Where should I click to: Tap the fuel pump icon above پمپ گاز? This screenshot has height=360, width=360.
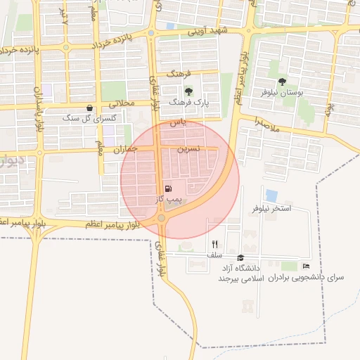pyautogui.click(x=167, y=188)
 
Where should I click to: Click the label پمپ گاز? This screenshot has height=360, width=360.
pyautogui.click(x=169, y=200)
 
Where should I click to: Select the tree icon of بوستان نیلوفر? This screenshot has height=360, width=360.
pyautogui.click(x=282, y=82)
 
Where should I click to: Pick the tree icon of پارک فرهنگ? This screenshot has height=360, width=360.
pyautogui.click(x=188, y=91)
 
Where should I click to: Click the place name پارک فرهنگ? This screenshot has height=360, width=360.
pyautogui.click(x=188, y=103)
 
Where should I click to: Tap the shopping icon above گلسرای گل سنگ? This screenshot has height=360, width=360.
pyautogui.click(x=89, y=108)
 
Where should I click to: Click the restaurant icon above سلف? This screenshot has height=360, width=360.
pyautogui.click(x=214, y=244)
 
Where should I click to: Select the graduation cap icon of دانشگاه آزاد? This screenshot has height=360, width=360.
pyautogui.click(x=241, y=258)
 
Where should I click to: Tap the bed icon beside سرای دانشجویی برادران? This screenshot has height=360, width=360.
pyautogui.click(x=305, y=266)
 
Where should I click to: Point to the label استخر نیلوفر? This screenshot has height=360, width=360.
pyautogui.click(x=271, y=210)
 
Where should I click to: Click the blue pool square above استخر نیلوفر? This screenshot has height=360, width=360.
pyautogui.click(x=271, y=195)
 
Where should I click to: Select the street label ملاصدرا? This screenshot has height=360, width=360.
pyautogui.click(x=268, y=125)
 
